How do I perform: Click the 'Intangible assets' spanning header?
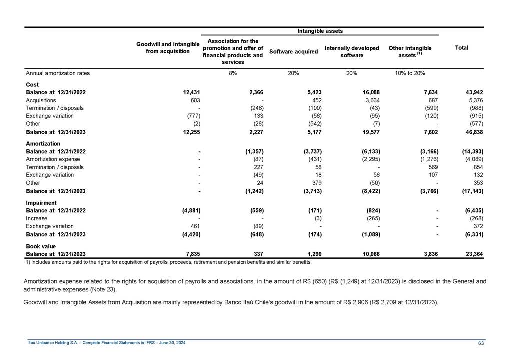pos(320,31)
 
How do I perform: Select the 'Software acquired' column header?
pos(293,51)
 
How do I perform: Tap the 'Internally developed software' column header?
pos(352,51)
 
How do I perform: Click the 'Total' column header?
pos(461,48)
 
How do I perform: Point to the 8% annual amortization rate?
pos(233,73)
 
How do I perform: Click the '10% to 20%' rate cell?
pos(410,73)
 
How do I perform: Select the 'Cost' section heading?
pos(32,85)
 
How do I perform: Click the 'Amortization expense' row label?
pos(49,159)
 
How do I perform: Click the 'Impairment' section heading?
pos(41,203)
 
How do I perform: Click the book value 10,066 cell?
pos(369,254)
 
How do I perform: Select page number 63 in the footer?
pos(481,343)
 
